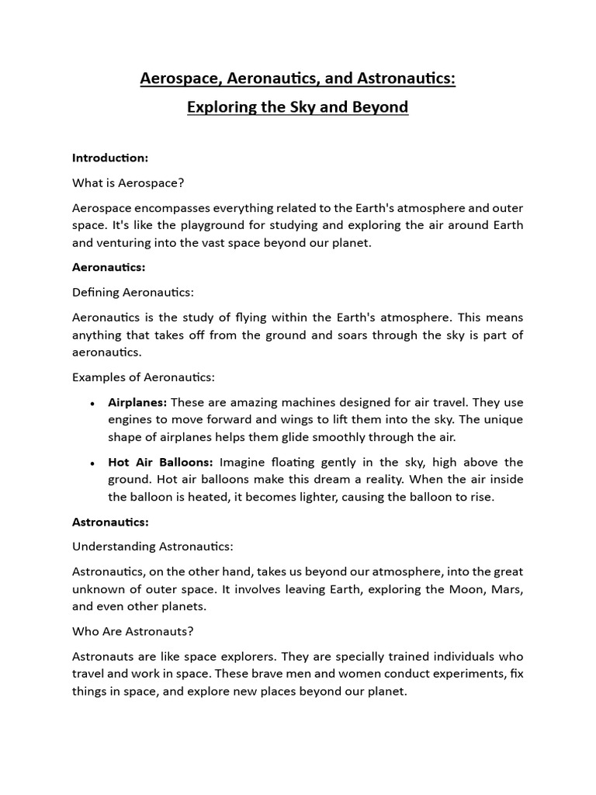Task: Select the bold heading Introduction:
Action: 109,158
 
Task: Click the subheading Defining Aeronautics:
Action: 132,292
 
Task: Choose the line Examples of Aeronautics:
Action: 143,377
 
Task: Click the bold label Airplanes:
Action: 137,402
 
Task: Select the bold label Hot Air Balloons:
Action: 161,462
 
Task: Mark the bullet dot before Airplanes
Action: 92,404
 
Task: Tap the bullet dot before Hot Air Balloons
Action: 92,463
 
